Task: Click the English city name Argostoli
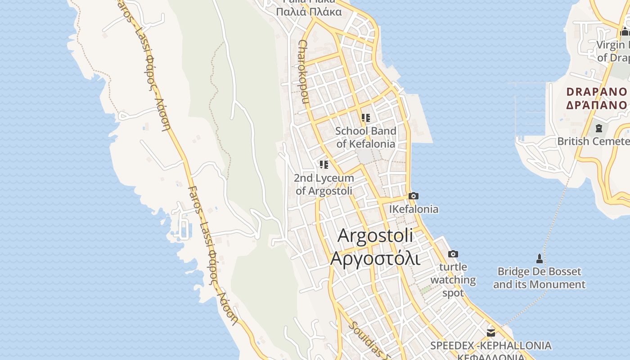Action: (x=375, y=235)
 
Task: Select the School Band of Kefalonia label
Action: (x=366, y=137)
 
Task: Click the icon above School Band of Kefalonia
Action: (x=366, y=118)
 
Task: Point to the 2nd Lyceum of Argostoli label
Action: (x=324, y=184)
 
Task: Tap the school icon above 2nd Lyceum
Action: (x=324, y=165)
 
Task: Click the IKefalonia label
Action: (x=414, y=209)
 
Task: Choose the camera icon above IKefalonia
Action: (x=414, y=196)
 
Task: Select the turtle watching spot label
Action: (x=453, y=280)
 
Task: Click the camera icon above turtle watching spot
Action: (x=453, y=254)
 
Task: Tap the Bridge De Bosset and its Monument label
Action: (x=539, y=278)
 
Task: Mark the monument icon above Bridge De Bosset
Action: (x=539, y=259)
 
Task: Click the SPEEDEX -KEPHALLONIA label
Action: (x=490, y=346)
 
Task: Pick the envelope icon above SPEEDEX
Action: (x=490, y=333)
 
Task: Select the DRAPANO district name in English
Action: (x=596, y=92)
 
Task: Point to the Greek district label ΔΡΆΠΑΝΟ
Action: (x=596, y=105)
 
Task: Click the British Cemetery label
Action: (x=593, y=141)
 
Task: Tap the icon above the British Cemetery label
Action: (x=598, y=128)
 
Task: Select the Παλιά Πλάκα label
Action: (x=309, y=12)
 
